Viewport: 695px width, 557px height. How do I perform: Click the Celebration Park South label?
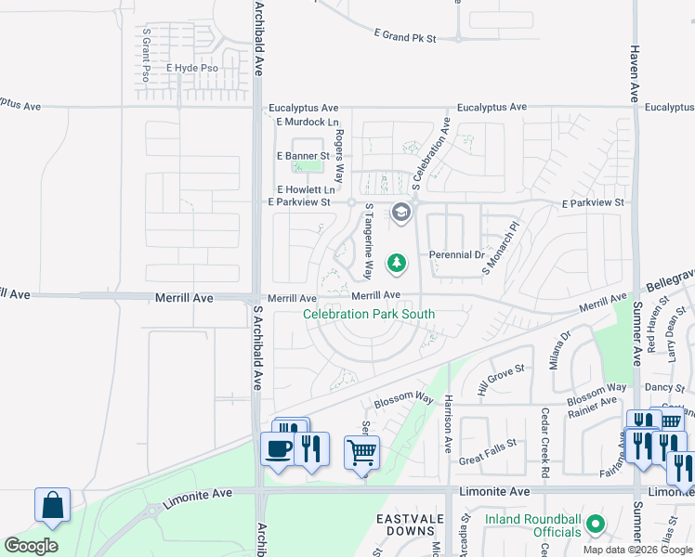[369, 314]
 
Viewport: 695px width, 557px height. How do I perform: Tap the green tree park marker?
[397, 264]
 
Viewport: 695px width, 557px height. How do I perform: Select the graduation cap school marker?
[401, 214]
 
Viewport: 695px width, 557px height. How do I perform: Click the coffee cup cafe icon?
[278, 450]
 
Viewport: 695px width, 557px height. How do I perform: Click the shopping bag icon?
[53, 506]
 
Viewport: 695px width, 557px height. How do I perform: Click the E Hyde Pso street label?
[192, 69]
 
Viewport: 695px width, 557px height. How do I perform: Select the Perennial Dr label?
[457, 254]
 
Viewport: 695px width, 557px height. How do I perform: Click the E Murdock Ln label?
[308, 123]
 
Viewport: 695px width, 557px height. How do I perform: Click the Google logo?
[31, 546]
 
